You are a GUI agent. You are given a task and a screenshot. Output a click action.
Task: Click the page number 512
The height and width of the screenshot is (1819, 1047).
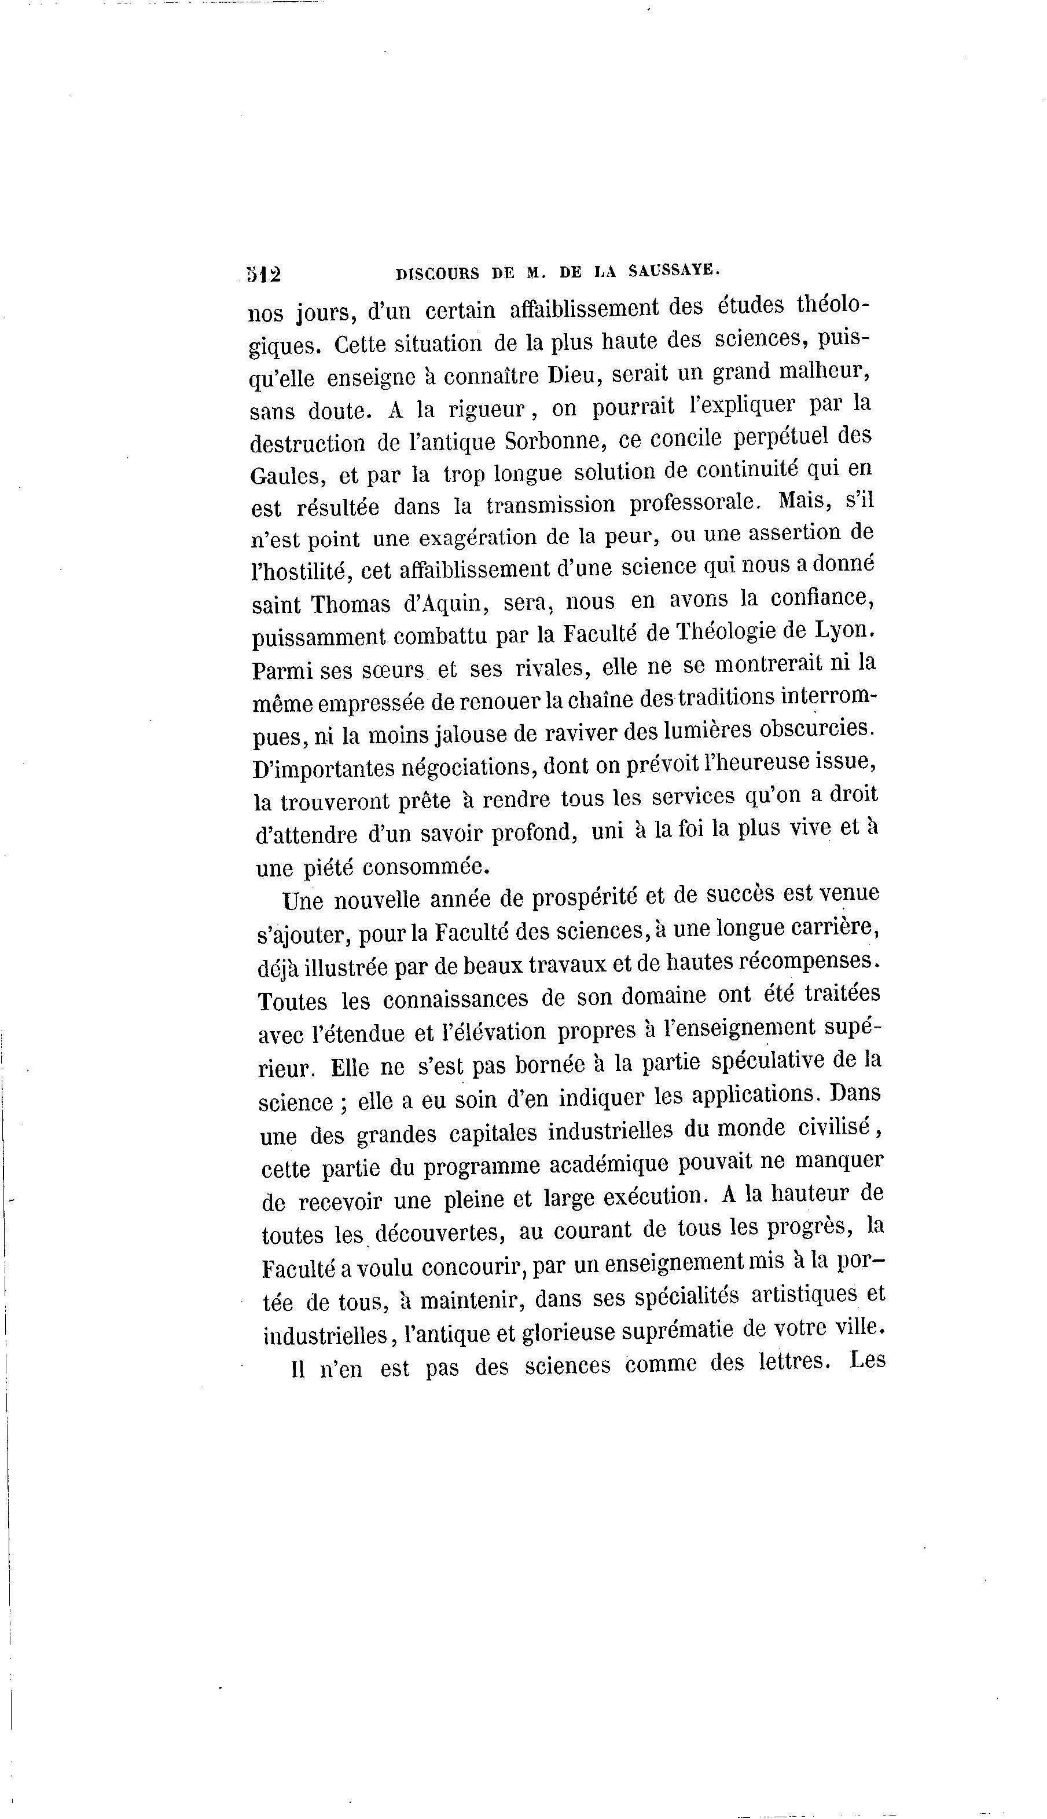264,275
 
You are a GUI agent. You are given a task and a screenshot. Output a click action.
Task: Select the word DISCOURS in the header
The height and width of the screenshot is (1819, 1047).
438,273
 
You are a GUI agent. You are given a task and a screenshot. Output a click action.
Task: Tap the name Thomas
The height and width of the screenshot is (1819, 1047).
350,603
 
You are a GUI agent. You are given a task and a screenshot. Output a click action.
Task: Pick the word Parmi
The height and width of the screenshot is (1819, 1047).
282,670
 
